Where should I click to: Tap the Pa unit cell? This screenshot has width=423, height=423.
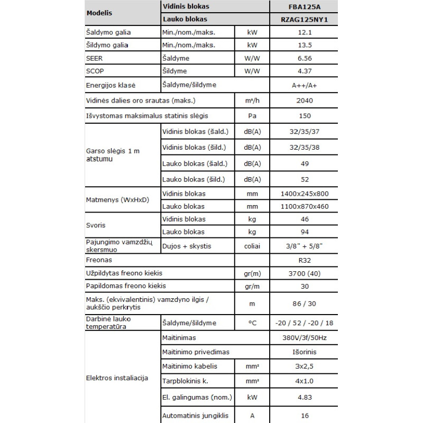[x=252, y=115]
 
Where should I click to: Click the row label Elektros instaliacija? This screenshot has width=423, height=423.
[x=117, y=379]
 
